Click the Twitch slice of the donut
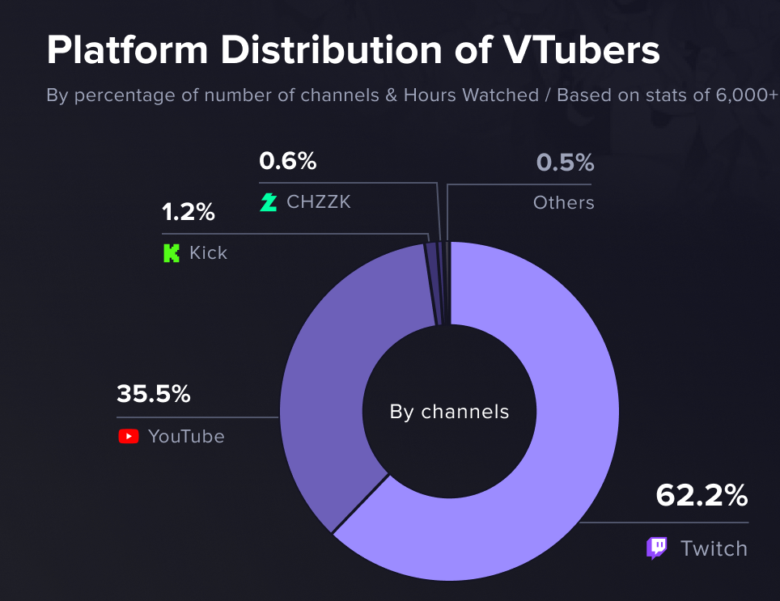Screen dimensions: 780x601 [x=572, y=447]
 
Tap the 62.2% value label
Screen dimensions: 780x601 [x=702, y=495]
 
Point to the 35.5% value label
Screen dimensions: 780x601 [x=153, y=393]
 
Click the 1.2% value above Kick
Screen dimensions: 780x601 [x=188, y=212]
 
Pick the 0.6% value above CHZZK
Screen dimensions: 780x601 [x=287, y=161]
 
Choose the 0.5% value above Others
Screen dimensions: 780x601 [x=565, y=163]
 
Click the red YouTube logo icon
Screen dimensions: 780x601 [x=129, y=437]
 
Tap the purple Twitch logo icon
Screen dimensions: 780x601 [x=657, y=548]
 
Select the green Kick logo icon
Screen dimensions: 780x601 [x=171, y=253]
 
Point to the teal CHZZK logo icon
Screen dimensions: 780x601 [x=268, y=202]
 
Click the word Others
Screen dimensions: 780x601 [x=564, y=203]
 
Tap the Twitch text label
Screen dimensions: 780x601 [x=714, y=548]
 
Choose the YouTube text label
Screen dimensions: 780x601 [x=186, y=437]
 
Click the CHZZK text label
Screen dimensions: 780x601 [x=318, y=202]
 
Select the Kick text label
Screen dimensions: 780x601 [x=208, y=253]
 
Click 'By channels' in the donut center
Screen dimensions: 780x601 [x=449, y=412]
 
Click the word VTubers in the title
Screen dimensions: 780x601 [x=581, y=50]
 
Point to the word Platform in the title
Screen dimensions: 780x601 [x=127, y=50]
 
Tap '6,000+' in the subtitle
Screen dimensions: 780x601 [x=747, y=95]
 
